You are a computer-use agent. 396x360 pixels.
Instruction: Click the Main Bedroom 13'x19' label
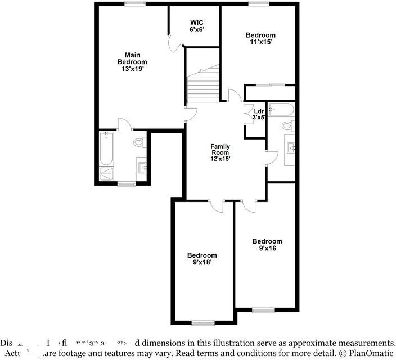(132, 61)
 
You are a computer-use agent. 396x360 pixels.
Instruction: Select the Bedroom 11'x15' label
(261, 39)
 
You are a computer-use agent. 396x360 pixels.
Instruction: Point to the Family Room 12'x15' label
(220, 152)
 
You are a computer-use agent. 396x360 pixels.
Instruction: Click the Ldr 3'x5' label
(259, 114)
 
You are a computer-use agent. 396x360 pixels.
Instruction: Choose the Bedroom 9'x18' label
(202, 258)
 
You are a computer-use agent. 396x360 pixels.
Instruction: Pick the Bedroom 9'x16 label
(267, 245)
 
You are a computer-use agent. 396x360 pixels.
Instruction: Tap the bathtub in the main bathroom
(107, 148)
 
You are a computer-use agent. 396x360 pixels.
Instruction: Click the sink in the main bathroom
(142, 166)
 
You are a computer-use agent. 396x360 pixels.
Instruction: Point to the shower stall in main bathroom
(107, 174)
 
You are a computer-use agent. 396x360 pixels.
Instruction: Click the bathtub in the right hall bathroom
(280, 109)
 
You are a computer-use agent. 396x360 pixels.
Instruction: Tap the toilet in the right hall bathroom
(288, 125)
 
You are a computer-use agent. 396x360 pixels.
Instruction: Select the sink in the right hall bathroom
(291, 148)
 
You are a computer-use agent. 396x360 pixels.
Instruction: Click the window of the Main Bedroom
(132, 3)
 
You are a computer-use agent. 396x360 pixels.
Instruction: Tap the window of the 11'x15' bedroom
(259, 3)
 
